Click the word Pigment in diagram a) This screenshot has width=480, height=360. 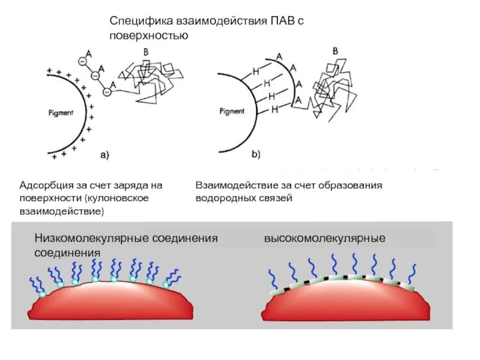point(61,112)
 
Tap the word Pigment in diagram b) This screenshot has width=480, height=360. point(232,111)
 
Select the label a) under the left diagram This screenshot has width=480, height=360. point(104,155)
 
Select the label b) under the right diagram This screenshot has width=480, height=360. point(256,155)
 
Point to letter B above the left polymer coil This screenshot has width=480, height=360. point(146,53)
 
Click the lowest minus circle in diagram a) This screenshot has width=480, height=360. point(106,92)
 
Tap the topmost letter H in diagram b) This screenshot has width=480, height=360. point(256,71)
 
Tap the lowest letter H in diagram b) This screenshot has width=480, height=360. point(275,110)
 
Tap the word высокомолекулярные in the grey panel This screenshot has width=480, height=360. point(325,238)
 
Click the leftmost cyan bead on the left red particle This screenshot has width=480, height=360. point(42,294)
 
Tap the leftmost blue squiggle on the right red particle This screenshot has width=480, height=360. point(272,278)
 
